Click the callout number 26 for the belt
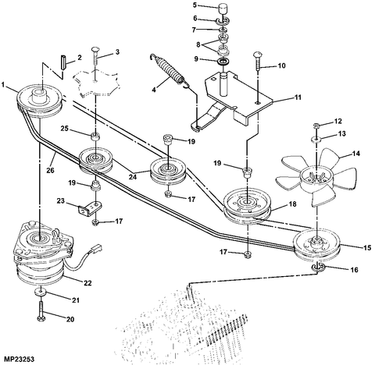pos(51,171)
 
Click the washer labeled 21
pos(41,292)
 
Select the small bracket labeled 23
pos(90,208)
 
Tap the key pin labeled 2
pos(63,62)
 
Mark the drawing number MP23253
pos(17,360)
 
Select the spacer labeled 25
pos(95,136)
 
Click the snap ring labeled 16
pos(318,268)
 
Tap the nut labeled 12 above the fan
pos(316,125)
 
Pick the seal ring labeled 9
pos(223,62)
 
